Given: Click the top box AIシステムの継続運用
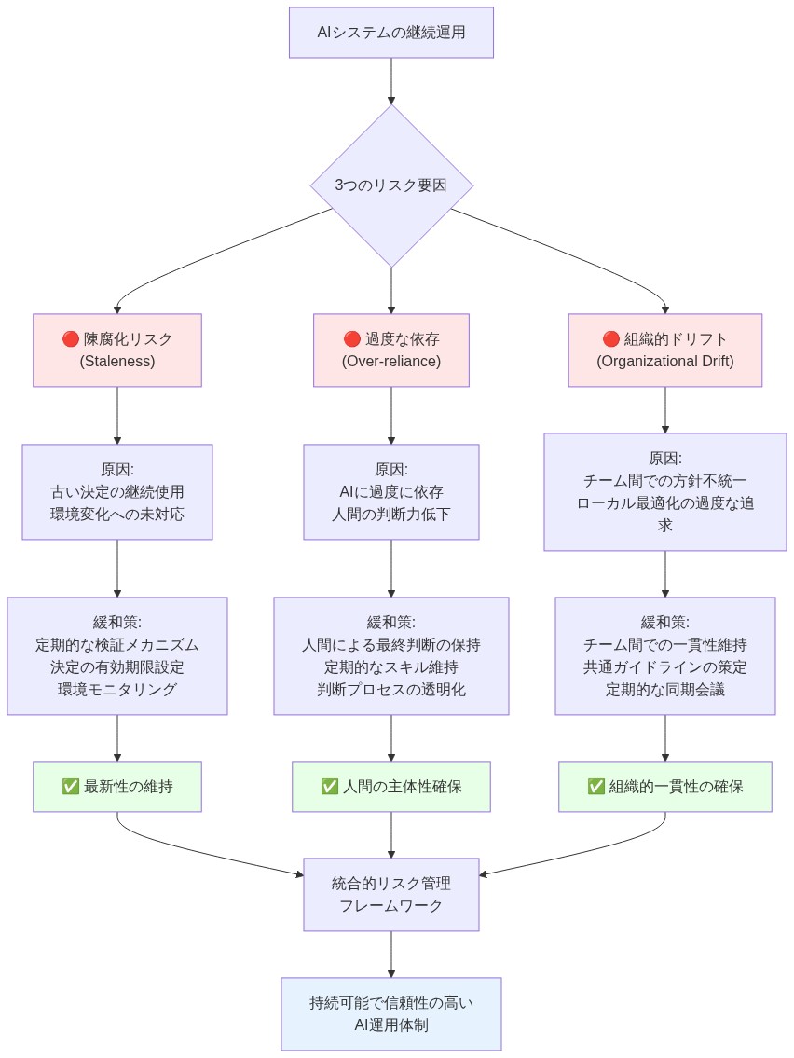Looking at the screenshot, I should (390, 33).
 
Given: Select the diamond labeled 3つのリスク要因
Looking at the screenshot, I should (390, 185).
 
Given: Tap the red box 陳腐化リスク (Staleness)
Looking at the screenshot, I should (117, 350).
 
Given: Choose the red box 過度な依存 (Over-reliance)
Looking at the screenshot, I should (390, 350).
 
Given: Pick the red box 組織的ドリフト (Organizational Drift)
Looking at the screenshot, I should (664, 350).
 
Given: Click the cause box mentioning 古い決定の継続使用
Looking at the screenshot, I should (117, 491).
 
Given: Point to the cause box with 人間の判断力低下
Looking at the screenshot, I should (390, 491).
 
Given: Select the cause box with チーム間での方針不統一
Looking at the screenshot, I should (664, 491).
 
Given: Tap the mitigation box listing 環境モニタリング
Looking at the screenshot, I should (117, 655).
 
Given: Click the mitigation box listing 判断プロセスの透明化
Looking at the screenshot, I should (390, 655).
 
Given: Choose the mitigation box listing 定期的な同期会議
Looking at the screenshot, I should (664, 655).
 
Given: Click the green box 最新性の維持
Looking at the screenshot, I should (117, 786).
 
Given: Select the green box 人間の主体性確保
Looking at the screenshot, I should (390, 786).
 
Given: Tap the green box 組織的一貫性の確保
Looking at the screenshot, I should (664, 786).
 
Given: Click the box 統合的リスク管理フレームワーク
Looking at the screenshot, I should (390, 894).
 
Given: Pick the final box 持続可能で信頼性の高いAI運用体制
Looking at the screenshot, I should (390, 1013).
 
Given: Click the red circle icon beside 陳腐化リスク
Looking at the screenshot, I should (71, 338).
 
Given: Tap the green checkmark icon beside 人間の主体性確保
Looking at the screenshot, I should (329, 787).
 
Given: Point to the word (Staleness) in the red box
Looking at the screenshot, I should (117, 361).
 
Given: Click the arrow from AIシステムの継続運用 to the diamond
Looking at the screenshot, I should (390, 81).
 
